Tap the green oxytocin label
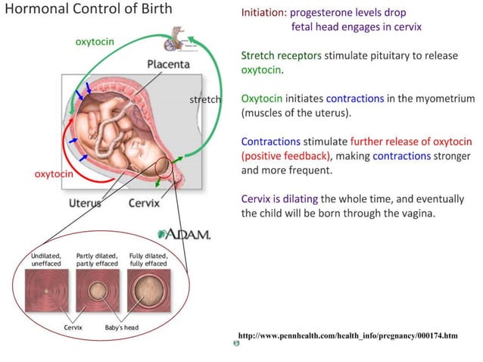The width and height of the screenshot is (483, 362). tap(95, 41)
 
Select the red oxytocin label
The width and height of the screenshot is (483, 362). tap(54, 173)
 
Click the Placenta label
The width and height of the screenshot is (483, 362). tap(168, 64)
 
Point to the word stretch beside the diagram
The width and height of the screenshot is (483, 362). tap(204, 99)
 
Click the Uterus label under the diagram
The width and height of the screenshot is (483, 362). tap(85, 203)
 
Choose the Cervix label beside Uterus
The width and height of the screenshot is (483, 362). tap(144, 203)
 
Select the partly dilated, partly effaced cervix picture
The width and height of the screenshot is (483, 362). tap(96, 291)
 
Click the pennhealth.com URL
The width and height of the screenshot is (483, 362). tap(348, 334)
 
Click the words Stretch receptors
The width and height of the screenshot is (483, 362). tap(281, 56)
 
